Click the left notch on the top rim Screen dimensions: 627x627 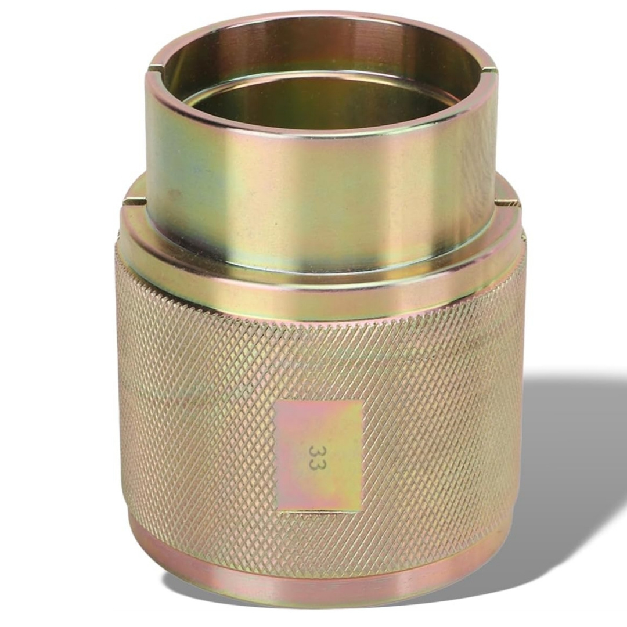pos(157,67)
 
